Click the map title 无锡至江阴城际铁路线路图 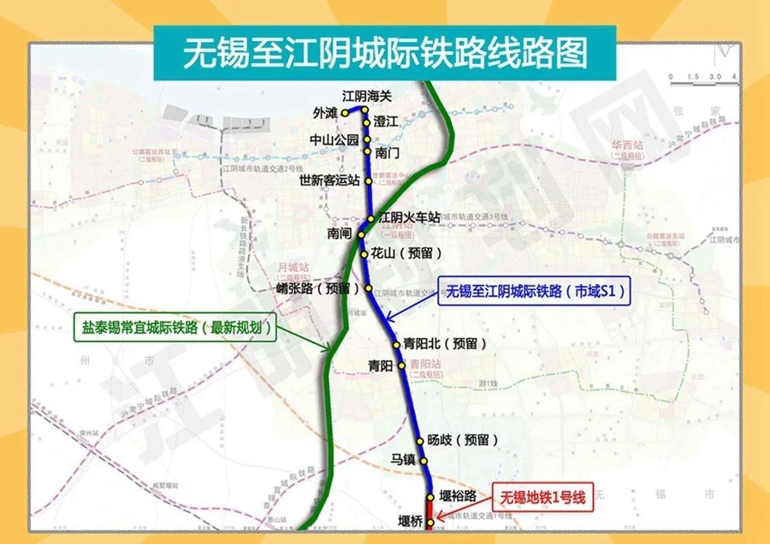click(x=385, y=52)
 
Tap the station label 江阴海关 click(x=366, y=95)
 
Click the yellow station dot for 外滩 click(x=345, y=112)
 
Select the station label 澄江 click(x=387, y=122)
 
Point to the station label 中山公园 click(x=335, y=139)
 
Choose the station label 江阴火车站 click(x=409, y=218)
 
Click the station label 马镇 click(x=402, y=459)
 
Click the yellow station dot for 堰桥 click(x=430, y=521)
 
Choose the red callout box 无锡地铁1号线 click(x=542, y=497)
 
